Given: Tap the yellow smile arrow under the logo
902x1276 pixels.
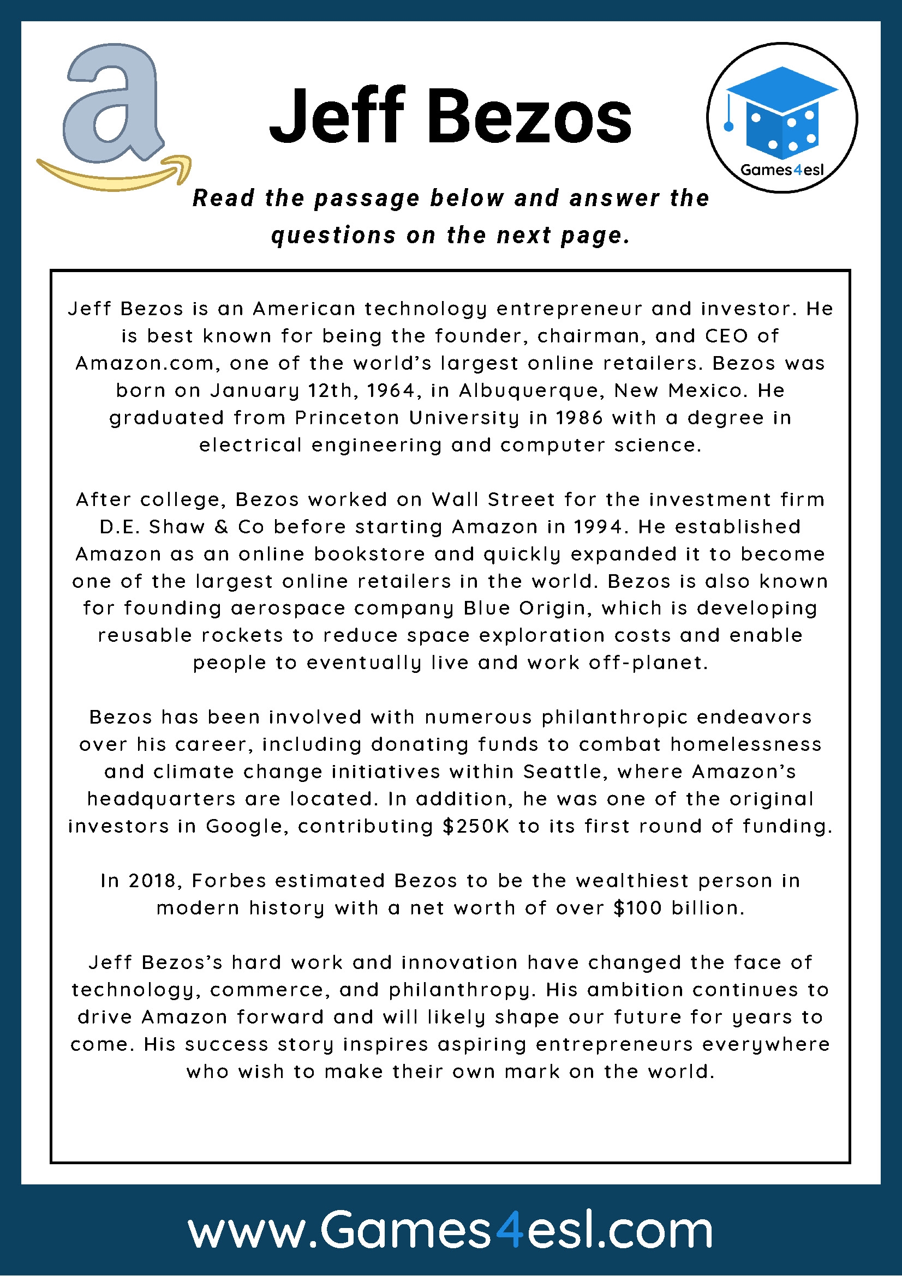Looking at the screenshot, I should (114, 176).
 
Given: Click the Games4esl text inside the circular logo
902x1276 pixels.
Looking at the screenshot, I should (782, 170).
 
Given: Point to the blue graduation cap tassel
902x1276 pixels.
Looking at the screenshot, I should (728, 127).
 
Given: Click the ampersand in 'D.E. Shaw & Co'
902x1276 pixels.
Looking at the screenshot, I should (222, 527).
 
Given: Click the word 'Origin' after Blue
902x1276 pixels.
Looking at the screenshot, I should (554, 609).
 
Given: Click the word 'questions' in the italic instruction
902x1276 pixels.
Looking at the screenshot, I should (333, 235).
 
